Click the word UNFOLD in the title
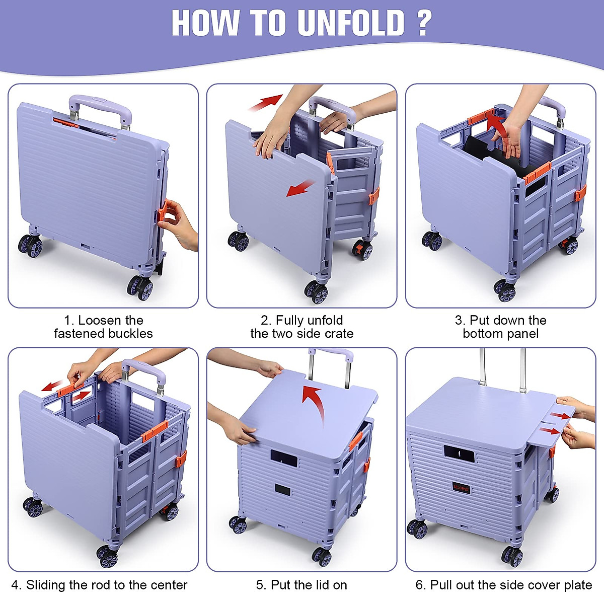tap(351, 23)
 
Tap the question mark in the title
tap(424, 23)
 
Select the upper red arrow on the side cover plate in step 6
tap(561, 415)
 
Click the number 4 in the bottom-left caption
tap(16, 585)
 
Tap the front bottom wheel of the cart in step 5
tap(321, 556)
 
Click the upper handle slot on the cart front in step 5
tap(284, 457)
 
